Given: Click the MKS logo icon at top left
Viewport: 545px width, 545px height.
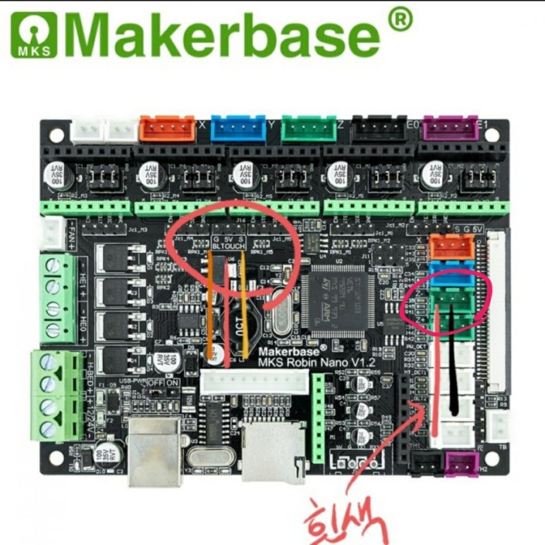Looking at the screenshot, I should (32, 35).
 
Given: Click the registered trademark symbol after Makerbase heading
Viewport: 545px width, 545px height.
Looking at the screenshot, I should (399, 19).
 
